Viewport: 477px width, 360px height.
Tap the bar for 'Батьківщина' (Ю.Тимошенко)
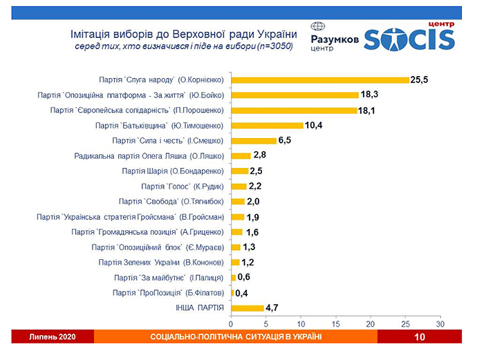[x=268, y=125]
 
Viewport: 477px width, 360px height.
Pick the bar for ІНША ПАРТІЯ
[x=247, y=307]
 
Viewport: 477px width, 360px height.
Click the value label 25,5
[x=420, y=80]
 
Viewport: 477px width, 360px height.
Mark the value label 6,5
[x=287, y=140]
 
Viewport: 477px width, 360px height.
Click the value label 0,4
[x=242, y=292]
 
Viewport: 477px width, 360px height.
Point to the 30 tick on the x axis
[x=440, y=323]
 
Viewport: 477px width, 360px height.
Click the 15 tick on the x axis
[x=335, y=323]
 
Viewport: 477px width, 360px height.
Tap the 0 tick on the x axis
[x=232, y=323]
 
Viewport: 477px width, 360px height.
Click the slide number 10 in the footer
[x=419, y=337]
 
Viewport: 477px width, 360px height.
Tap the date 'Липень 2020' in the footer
[x=52, y=337]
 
